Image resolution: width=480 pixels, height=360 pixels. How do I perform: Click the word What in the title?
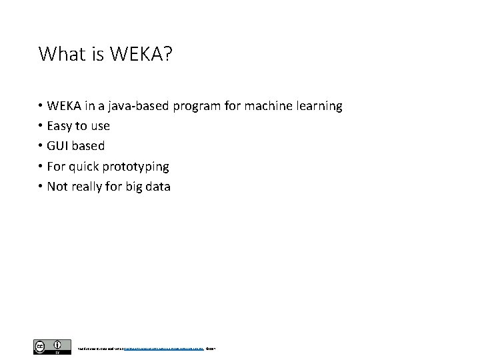(x=59, y=54)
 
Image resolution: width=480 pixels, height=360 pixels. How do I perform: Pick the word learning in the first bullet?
(x=319, y=107)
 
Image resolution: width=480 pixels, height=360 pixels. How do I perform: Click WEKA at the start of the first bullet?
(x=63, y=106)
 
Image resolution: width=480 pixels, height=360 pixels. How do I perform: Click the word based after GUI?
(x=89, y=146)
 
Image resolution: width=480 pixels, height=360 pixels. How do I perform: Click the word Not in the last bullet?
(x=57, y=187)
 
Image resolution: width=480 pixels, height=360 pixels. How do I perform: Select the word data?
(x=157, y=187)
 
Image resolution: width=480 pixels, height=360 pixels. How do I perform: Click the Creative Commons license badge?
(x=51, y=347)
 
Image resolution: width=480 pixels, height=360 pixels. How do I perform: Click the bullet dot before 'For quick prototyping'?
(x=41, y=167)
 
